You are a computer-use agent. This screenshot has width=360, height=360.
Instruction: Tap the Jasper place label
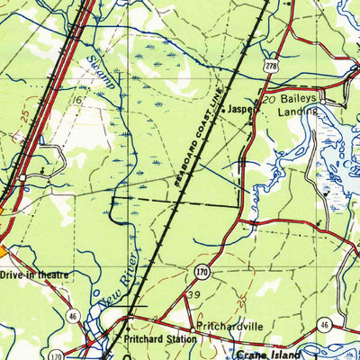(239, 109)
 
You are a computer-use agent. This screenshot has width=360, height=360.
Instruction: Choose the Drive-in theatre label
(33, 274)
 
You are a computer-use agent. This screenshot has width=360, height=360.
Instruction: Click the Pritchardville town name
(229, 328)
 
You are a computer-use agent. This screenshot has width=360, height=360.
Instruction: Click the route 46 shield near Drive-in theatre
(72, 315)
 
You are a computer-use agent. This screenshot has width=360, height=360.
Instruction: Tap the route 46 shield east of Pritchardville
(326, 324)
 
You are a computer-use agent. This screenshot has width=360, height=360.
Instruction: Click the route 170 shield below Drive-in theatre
(56, 355)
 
